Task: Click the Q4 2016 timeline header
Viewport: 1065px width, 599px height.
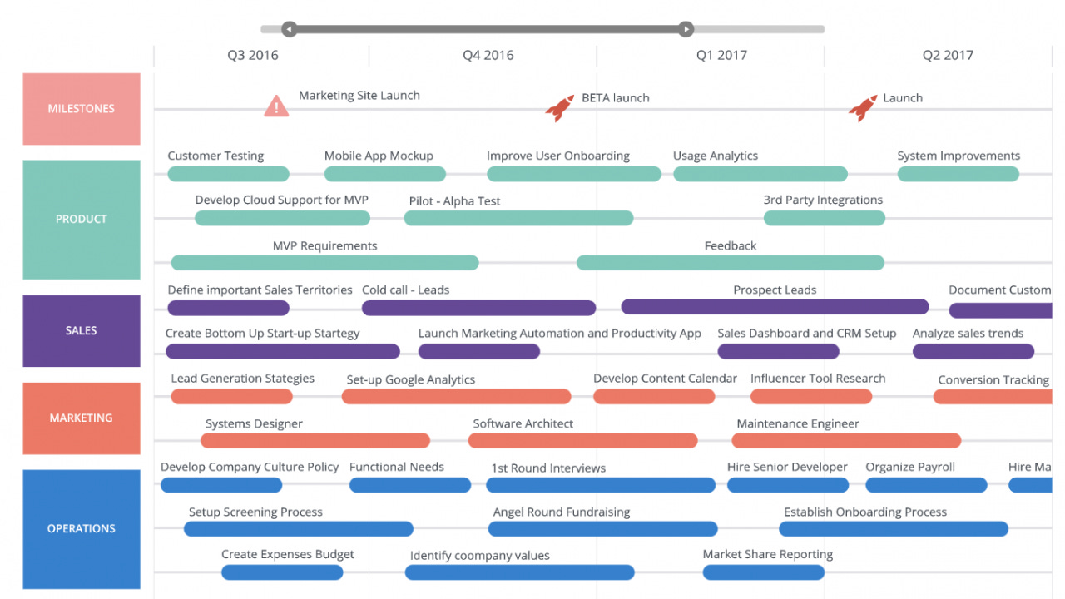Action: point(488,56)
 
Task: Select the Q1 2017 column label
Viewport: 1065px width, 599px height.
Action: point(721,56)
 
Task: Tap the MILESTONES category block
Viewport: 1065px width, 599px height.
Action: point(82,109)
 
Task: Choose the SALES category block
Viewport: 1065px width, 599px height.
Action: point(82,330)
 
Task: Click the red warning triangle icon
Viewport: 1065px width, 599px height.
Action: point(276,106)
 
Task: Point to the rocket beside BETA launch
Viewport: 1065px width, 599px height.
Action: point(560,107)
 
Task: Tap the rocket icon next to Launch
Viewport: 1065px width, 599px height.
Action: point(863,107)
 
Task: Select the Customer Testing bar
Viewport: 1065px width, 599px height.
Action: point(228,174)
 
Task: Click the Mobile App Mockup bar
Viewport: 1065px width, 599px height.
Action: point(384,174)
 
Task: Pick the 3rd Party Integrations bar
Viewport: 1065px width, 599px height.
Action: point(824,218)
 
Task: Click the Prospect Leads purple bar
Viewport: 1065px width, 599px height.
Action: point(775,307)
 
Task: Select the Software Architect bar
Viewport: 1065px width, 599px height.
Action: point(582,440)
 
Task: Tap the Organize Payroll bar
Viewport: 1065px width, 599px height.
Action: point(926,485)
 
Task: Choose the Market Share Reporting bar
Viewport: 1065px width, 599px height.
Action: point(763,572)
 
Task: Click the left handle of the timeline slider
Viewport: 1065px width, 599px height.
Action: point(289,29)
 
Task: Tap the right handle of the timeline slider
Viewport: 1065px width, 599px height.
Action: point(686,29)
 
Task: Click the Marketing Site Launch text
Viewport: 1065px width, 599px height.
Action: point(359,96)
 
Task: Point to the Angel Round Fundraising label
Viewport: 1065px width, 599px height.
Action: point(562,512)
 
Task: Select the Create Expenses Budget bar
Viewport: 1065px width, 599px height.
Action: point(282,572)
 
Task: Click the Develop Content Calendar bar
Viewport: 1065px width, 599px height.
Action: point(654,396)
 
